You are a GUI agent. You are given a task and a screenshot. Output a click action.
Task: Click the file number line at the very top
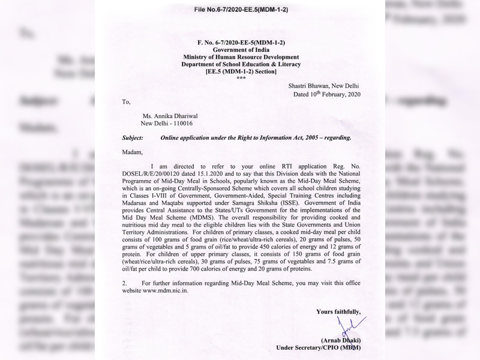pyautogui.click(x=240, y=8)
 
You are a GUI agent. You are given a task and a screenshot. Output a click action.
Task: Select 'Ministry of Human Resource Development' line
pyautogui.click(x=240, y=57)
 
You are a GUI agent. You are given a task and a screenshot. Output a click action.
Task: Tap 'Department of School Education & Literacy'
pyautogui.click(x=240, y=64)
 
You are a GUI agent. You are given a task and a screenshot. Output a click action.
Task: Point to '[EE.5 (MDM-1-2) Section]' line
pyautogui.click(x=240, y=71)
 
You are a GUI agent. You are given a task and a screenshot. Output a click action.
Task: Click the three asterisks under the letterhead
pyautogui.click(x=240, y=78)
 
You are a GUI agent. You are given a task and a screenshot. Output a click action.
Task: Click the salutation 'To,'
pyautogui.click(x=126, y=102)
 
